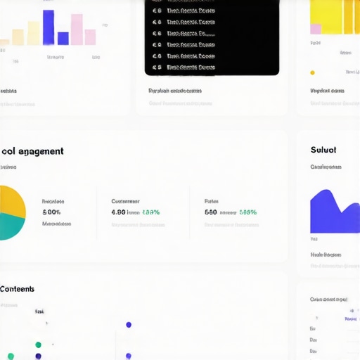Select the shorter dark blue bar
[x=63, y=37]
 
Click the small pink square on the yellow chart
[x=316, y=29]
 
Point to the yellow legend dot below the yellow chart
[x=313, y=72]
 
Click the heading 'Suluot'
[x=323, y=150]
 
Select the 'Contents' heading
[x=18, y=289]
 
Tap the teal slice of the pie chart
[x=11, y=226]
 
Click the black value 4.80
[x=118, y=212]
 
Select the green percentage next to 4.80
[x=151, y=212]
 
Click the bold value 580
[x=211, y=212]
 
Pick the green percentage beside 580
[x=248, y=212]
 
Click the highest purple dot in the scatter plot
[x=129, y=325]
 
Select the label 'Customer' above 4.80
[x=125, y=201]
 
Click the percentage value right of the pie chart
[x=51, y=212]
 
